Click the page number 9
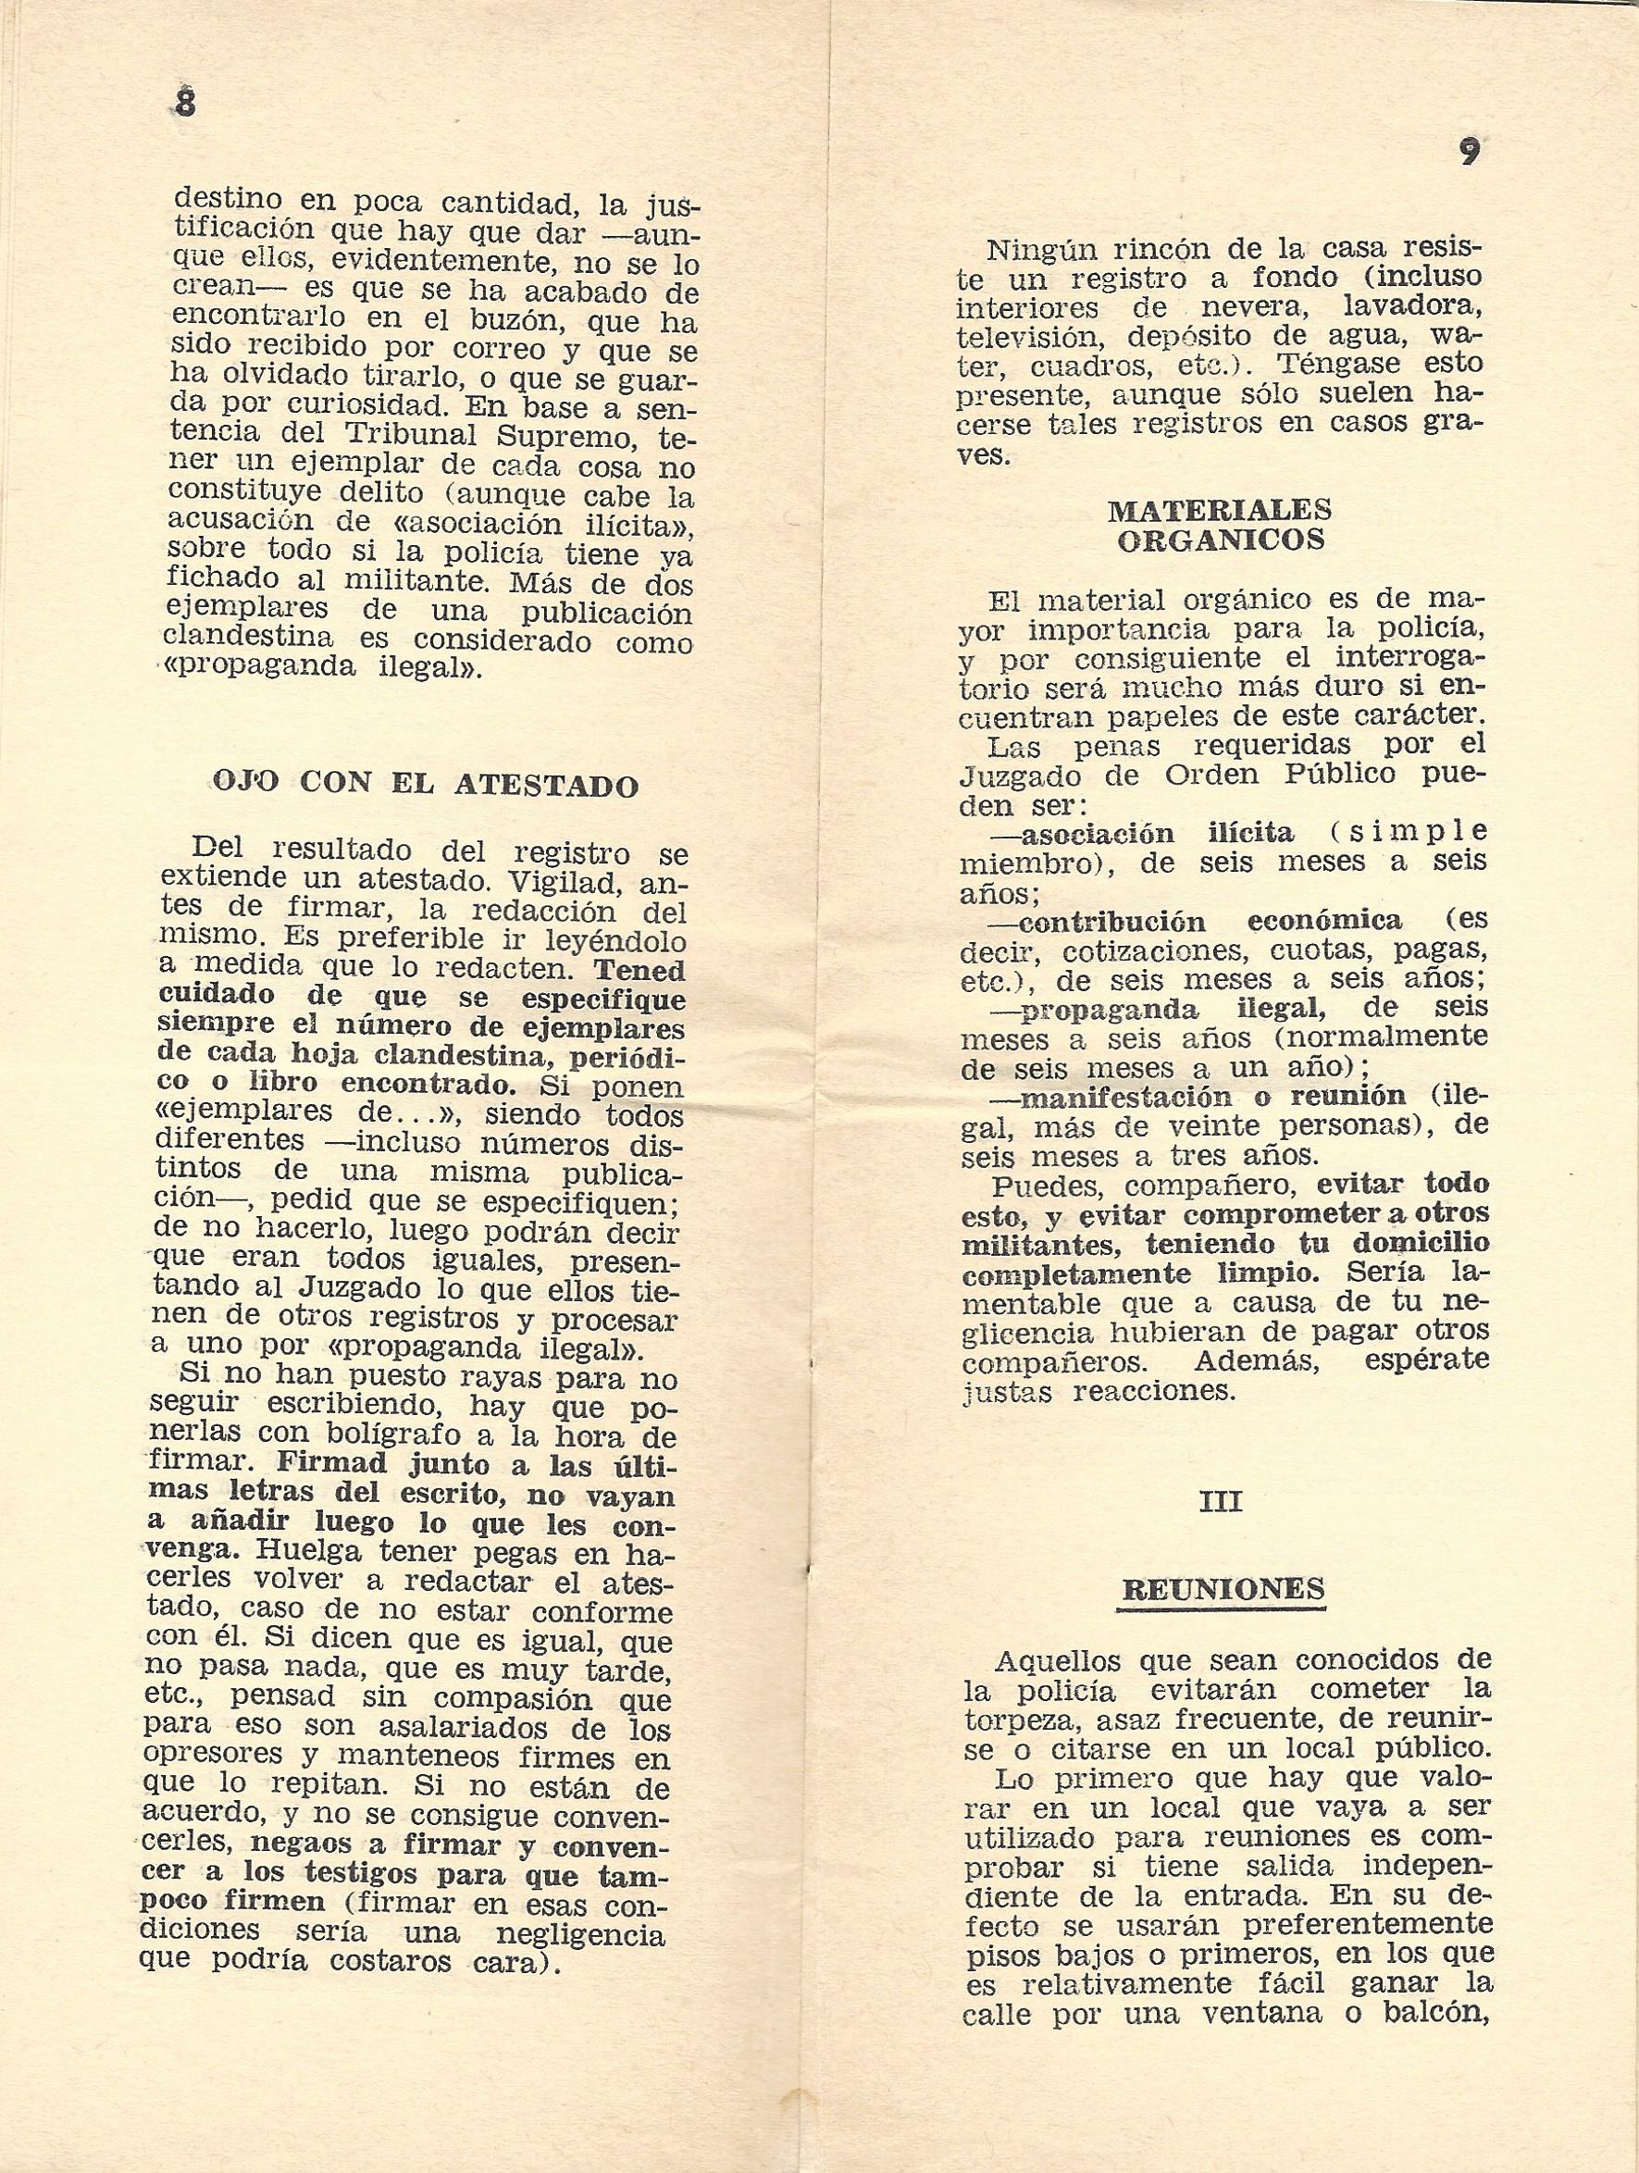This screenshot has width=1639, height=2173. (1468, 153)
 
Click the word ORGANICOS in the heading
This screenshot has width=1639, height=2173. (1220, 540)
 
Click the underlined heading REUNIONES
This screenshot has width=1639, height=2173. (1223, 1588)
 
